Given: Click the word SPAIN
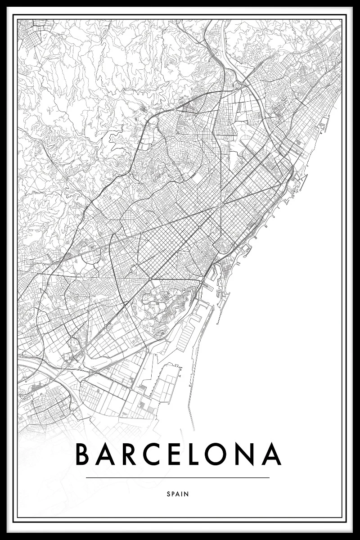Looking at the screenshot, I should click(x=177, y=494).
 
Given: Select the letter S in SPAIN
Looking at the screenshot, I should click(x=168, y=494).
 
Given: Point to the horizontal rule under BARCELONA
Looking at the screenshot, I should click(x=177, y=477).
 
